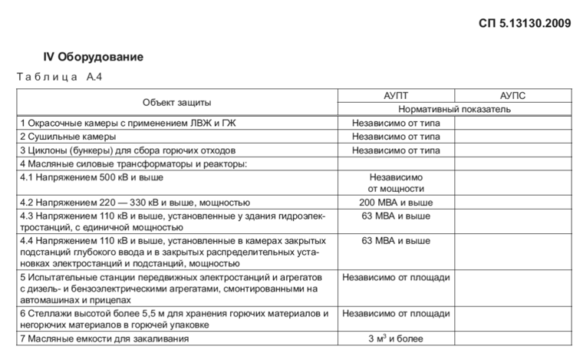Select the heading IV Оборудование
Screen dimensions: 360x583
click(93, 58)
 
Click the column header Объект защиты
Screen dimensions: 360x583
click(176, 102)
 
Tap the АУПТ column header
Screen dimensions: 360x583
click(396, 95)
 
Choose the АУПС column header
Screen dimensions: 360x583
click(512, 95)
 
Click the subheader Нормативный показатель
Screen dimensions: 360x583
click(454, 109)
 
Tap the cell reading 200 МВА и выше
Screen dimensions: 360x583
click(396, 203)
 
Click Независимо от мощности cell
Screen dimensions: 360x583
click(396, 183)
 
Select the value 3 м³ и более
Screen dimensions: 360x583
click(396, 339)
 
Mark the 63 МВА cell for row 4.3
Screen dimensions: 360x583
click(396, 216)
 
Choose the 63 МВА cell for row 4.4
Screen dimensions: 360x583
click(396, 241)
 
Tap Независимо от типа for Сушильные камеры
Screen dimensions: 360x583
click(396, 137)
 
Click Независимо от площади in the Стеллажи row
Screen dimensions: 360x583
click(396, 313)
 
